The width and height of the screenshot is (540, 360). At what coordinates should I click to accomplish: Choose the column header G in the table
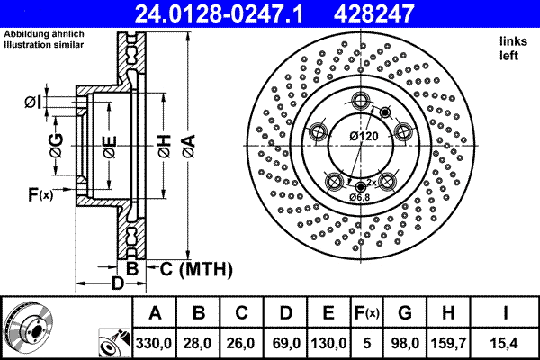click(404, 313)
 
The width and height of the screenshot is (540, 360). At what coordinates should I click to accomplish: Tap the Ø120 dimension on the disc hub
click(363, 136)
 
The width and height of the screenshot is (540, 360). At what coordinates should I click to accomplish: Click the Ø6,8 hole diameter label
click(359, 196)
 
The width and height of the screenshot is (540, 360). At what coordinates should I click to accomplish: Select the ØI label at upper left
click(32, 102)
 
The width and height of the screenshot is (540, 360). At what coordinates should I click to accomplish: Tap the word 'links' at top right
click(512, 40)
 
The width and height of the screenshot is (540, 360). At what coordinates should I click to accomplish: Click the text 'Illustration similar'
click(45, 44)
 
